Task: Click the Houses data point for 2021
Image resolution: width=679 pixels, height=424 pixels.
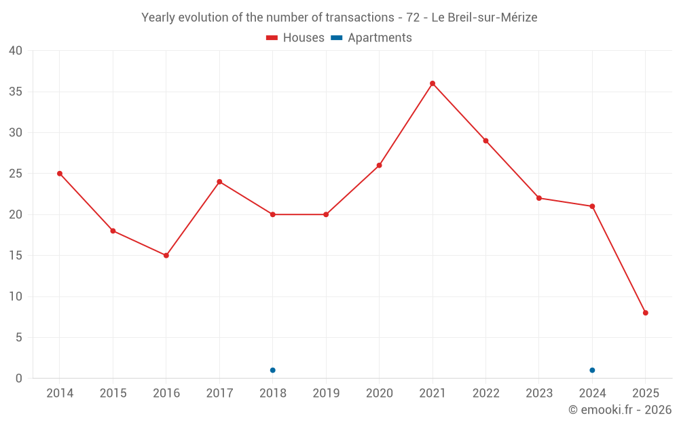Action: (433, 83)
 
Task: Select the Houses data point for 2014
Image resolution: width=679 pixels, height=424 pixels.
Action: (60, 174)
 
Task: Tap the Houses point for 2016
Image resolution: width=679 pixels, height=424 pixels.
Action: (166, 256)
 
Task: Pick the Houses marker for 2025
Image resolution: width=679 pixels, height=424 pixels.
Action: (646, 313)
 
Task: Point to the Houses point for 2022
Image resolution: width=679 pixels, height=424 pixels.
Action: (485, 141)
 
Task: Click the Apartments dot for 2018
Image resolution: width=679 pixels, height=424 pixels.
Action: (273, 370)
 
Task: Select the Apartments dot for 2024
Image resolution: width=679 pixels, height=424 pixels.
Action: (592, 370)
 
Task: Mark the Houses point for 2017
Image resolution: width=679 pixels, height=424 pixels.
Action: (219, 182)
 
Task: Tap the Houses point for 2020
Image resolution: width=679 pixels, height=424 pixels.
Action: (380, 166)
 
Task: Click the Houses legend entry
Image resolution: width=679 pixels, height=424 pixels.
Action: (295, 38)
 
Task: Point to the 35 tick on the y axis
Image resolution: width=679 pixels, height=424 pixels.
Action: (15, 92)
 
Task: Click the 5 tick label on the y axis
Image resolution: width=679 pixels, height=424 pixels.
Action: (19, 338)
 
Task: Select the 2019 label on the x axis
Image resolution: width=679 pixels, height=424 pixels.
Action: (326, 393)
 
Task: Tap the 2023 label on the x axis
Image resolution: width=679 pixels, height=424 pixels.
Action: (539, 393)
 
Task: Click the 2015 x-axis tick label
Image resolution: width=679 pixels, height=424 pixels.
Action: (113, 393)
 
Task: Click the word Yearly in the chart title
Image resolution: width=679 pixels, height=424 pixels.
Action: (158, 18)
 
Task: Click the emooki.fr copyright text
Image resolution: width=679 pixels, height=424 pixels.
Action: (620, 410)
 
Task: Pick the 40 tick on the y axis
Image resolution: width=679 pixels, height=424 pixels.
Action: (15, 51)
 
